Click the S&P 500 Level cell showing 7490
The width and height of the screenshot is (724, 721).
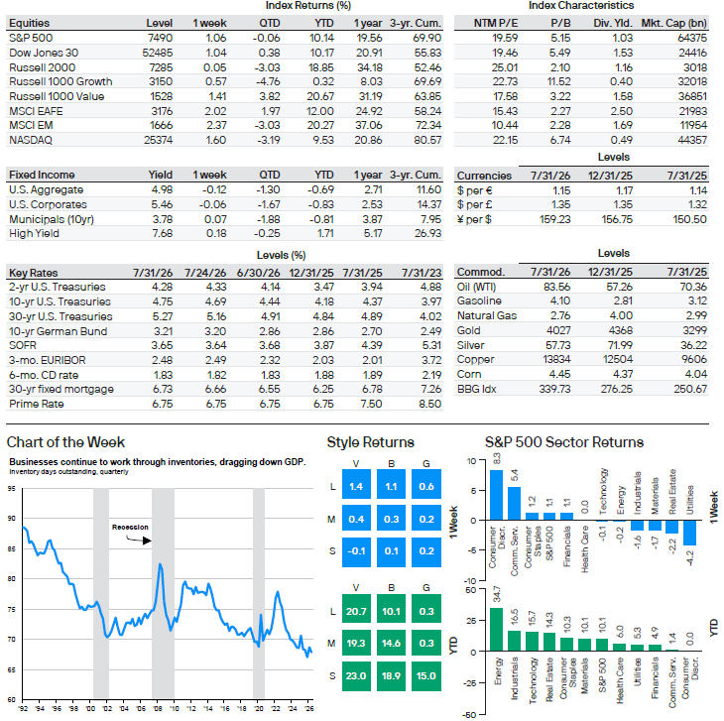pos(160,38)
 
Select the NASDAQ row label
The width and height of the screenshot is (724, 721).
pos(31,140)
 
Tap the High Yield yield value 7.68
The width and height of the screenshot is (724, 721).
pos(163,233)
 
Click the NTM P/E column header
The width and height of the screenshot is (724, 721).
pos(496,23)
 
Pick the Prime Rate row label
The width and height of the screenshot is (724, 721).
pos(37,404)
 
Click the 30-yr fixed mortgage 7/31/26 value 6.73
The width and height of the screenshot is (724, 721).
pos(163,389)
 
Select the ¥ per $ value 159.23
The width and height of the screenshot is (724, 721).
pos(555,219)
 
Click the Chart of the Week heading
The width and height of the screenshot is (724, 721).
pos(65,442)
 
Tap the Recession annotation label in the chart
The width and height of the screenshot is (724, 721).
pos(130,528)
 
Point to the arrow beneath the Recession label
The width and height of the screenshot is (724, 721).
pos(139,540)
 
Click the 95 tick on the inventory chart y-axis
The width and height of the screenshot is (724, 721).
pos(12,488)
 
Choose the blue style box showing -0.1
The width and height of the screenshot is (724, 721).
pos(356,551)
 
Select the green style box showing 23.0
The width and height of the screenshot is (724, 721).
pos(356,675)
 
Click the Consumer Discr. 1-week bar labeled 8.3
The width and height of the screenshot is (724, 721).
pos(496,495)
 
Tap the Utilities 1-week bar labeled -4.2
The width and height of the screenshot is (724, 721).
pos(690,533)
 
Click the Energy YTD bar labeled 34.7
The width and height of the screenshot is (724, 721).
pos(496,630)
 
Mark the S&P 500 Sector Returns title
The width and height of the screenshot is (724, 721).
pos(563,442)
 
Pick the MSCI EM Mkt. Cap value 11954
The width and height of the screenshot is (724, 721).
pos(692,125)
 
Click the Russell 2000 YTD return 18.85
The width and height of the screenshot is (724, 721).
pos(321,67)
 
